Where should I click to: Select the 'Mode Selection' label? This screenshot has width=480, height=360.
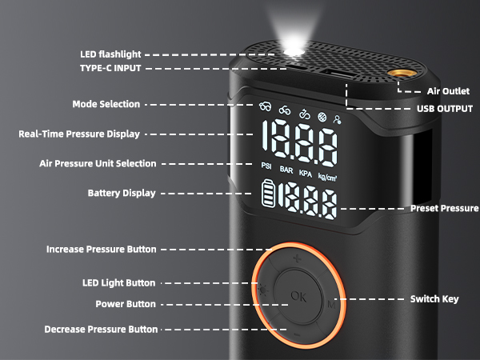(x=106, y=104)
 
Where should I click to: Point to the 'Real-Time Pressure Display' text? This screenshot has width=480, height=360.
(x=79, y=134)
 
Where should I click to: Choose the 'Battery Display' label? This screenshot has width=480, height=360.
(x=122, y=193)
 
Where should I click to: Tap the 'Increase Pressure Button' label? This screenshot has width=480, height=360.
(x=101, y=250)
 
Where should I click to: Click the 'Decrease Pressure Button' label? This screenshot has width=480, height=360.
(x=101, y=329)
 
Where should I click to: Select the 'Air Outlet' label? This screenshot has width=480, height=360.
(x=449, y=91)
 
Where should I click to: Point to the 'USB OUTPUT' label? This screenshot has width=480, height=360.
(x=444, y=108)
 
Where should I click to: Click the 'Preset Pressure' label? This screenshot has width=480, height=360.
(x=444, y=208)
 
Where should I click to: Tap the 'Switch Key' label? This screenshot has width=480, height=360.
(x=434, y=298)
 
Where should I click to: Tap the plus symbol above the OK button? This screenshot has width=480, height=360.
(x=297, y=259)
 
